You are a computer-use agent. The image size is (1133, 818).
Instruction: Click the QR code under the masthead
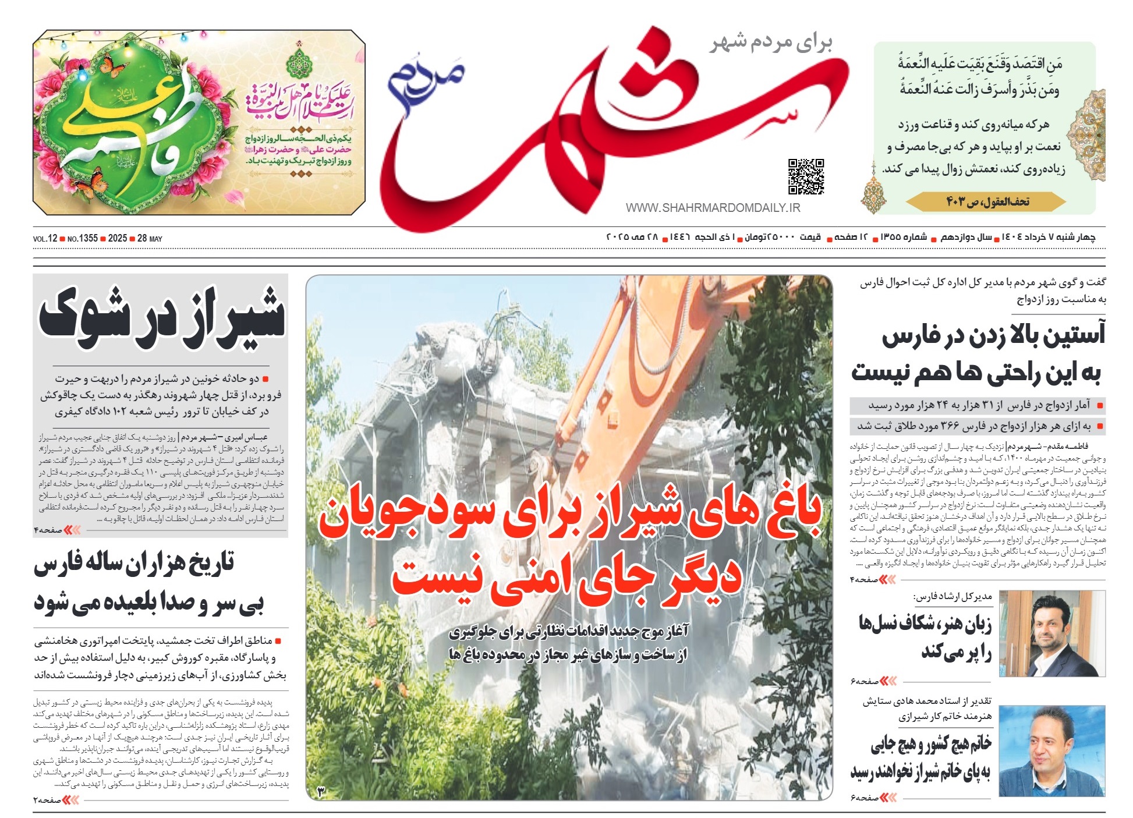[806, 176]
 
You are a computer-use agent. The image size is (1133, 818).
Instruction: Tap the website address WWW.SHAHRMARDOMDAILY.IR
[713, 208]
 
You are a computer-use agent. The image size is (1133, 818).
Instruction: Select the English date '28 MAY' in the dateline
[150, 239]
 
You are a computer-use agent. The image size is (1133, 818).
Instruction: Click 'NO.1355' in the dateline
[83, 239]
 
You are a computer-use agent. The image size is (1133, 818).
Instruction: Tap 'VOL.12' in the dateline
[45, 239]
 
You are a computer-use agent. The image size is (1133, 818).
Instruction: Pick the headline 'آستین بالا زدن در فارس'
[992, 337]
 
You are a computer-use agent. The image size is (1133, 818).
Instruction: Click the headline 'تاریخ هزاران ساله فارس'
[134, 564]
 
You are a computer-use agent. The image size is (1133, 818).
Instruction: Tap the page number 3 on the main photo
[321, 791]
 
